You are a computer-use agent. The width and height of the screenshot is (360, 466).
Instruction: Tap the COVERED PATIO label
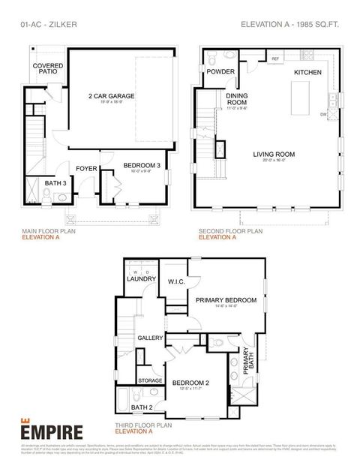point(48,70)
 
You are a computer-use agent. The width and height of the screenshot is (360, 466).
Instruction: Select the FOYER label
point(86,169)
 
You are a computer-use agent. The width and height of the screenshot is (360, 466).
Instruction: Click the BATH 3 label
point(55,183)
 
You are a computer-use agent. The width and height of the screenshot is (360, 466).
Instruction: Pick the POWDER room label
point(220,72)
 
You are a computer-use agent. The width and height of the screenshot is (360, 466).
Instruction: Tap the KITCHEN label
point(307,72)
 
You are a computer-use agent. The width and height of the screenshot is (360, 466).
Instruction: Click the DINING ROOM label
point(237,100)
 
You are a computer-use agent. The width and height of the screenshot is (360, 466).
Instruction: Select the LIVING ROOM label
point(274,155)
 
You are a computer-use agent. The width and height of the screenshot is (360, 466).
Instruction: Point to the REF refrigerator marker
point(275,58)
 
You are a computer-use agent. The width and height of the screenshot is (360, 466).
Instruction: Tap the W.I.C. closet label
point(177,282)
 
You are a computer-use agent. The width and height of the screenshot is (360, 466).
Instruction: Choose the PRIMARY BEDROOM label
point(226,299)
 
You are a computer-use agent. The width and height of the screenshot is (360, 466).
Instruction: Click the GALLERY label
point(150,338)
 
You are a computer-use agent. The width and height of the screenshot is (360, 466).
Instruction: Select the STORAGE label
point(150,380)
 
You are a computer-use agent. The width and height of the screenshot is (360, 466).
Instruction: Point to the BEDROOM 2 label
point(190,383)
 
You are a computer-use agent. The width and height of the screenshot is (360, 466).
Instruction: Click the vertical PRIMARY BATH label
point(247,366)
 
